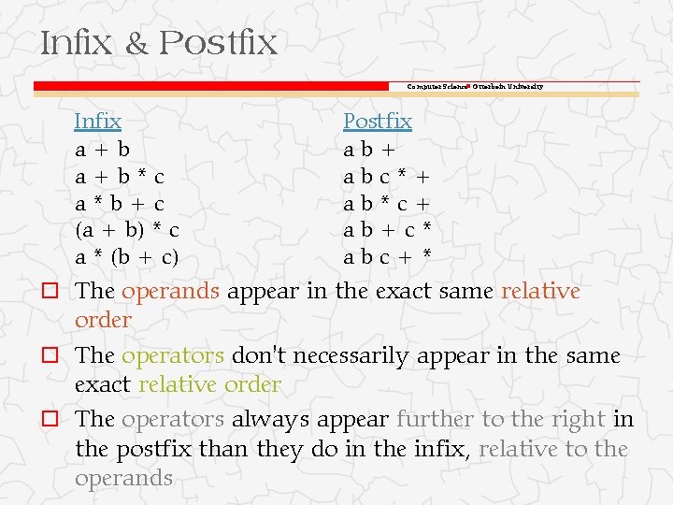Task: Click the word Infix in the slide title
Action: [75, 43]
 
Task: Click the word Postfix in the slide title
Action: [218, 43]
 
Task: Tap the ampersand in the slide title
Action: [136, 44]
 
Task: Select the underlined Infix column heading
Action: [97, 121]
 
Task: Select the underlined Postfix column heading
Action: [377, 121]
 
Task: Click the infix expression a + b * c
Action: [121, 175]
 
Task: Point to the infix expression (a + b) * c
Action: [127, 229]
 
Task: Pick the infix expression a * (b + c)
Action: [127, 256]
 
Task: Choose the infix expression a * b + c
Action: [121, 202]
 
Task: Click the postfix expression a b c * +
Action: [387, 175]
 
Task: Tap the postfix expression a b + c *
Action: [387, 229]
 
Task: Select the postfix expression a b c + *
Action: [387, 256]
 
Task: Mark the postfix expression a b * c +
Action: [387, 202]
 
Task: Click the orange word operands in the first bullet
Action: [170, 292]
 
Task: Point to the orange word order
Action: [103, 320]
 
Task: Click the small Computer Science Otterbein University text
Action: [475, 87]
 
